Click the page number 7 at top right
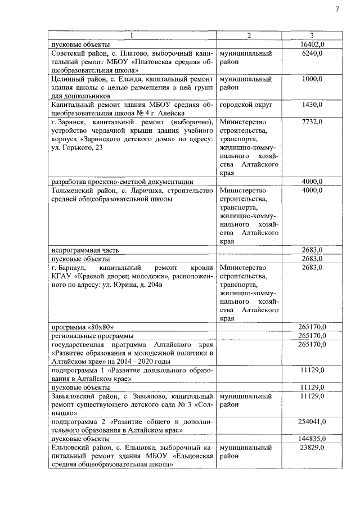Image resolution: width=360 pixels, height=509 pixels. click(337, 10)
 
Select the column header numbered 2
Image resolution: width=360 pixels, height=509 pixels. click(249, 35)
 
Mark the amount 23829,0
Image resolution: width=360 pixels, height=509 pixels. click(311, 447)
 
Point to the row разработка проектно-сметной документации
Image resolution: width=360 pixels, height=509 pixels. click(123, 182)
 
